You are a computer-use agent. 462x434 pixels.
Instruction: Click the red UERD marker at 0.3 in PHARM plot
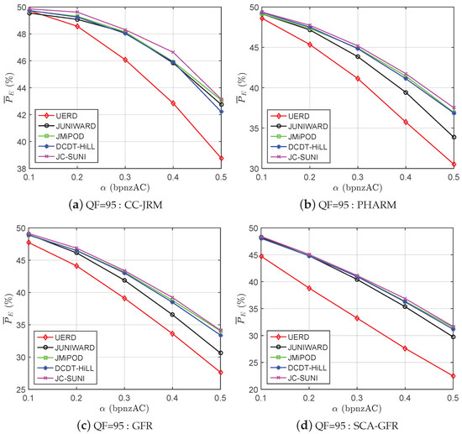coord(357,78)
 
